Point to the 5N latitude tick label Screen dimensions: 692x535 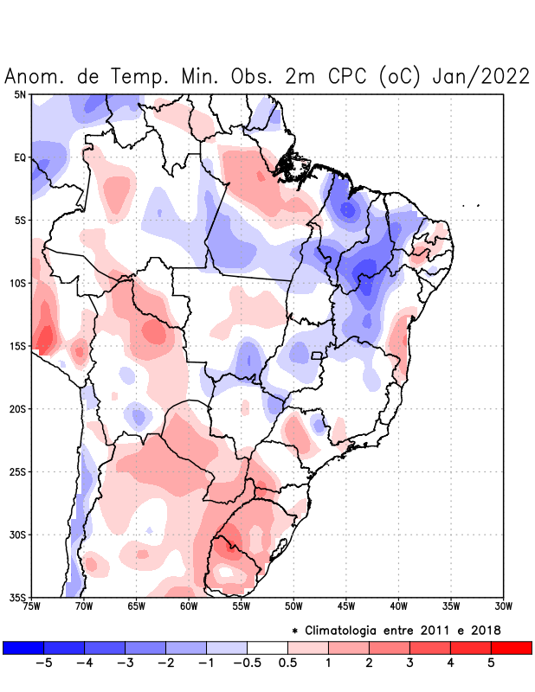19,94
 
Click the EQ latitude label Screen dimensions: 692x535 19,157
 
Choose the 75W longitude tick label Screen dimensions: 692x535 32,605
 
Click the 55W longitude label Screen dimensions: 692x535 242,605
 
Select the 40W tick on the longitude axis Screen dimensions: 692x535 398,605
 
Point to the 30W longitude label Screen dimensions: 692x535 503,605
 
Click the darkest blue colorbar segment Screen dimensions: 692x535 23,647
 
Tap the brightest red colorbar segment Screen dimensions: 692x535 511,647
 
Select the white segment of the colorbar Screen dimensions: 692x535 267,647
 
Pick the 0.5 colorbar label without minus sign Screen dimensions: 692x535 287,663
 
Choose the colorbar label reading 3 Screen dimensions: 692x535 409,663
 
